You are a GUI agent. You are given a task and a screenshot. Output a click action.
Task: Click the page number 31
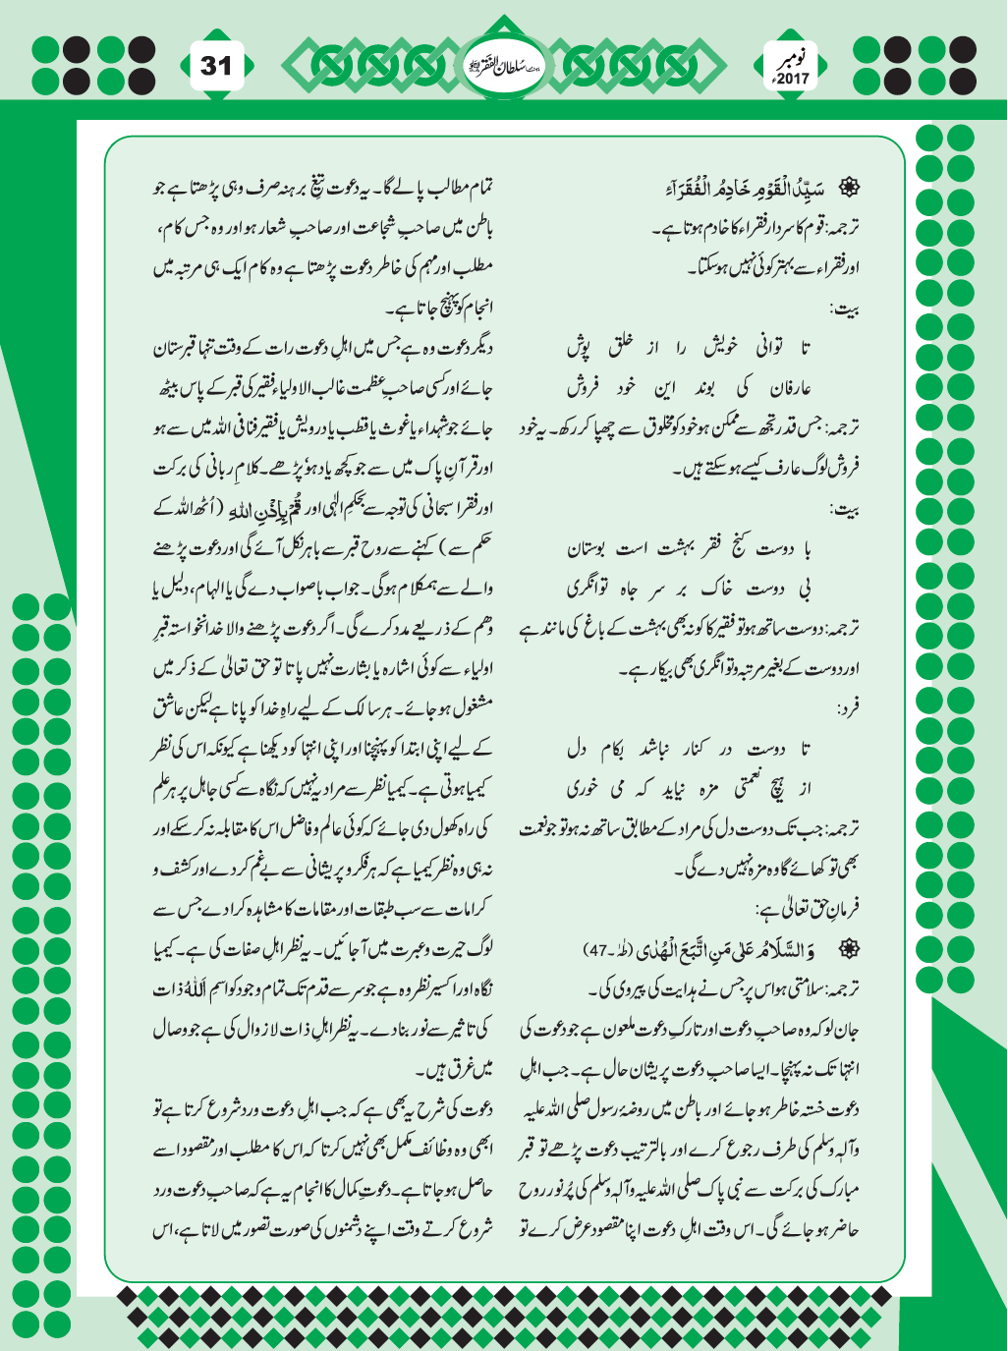[216, 66]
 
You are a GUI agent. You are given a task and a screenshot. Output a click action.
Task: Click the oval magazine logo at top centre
[503, 67]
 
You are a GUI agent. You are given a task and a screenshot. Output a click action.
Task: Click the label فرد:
[845, 706]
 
